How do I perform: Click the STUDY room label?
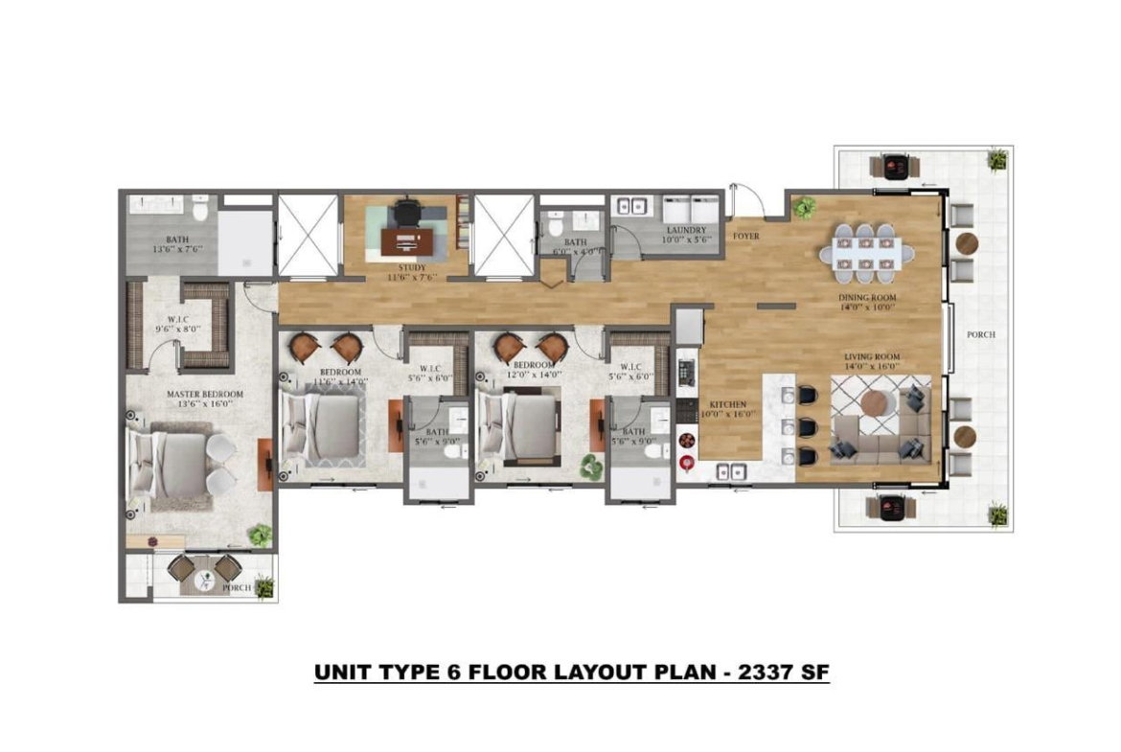pos(403,267)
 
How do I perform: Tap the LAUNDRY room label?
pos(687,230)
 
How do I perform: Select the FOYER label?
pos(746,235)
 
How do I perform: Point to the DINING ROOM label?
pos(869,298)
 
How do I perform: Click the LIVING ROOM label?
pos(872,356)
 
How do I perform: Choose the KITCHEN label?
pos(727,404)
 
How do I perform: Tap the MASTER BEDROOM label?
pos(204,394)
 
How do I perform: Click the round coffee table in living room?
pos(877,404)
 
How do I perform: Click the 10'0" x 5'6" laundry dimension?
pos(687,240)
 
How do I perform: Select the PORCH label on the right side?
pos(981,335)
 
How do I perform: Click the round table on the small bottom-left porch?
pos(205,578)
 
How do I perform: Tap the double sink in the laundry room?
pos(631,206)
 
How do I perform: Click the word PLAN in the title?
pos(676,672)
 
